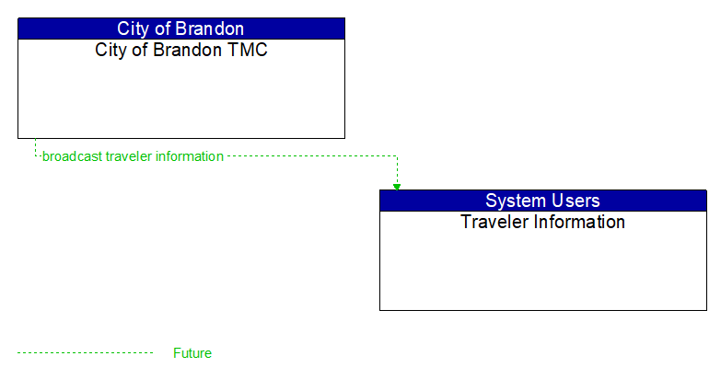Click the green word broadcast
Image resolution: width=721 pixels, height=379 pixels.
point(72,156)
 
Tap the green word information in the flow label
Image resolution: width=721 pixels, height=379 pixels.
point(190,156)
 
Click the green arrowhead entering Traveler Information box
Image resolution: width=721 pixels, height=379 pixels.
point(397,186)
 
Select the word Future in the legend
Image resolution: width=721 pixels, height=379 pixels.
point(192,353)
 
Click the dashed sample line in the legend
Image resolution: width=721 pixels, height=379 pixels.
point(85,353)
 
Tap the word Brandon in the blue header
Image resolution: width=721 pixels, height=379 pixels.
point(212,29)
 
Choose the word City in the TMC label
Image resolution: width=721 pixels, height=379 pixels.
point(111,50)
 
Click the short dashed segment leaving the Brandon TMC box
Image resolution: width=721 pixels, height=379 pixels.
point(35,147)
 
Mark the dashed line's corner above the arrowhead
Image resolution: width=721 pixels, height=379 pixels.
point(397,156)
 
